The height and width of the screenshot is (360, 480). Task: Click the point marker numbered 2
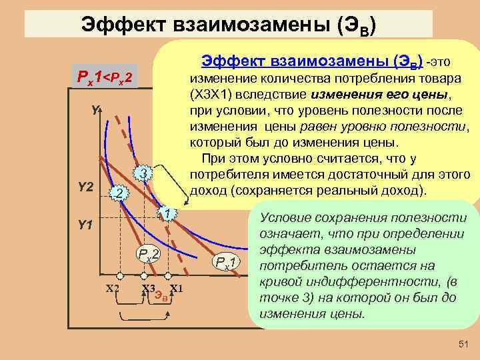pos(117,193)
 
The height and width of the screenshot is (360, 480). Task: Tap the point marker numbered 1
pos(169,213)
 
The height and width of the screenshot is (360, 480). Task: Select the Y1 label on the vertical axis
pos(85,225)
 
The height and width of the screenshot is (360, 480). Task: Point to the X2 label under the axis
pos(113,288)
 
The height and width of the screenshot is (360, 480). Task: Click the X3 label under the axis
pos(149,289)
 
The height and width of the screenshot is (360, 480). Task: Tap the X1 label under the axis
pos(177,288)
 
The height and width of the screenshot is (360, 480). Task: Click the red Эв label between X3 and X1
pos(161,295)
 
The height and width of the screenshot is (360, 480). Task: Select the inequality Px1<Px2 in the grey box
pos(105,79)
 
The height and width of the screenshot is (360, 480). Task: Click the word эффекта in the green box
pos(286,250)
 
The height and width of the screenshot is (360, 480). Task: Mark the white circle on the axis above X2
pos(120,275)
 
